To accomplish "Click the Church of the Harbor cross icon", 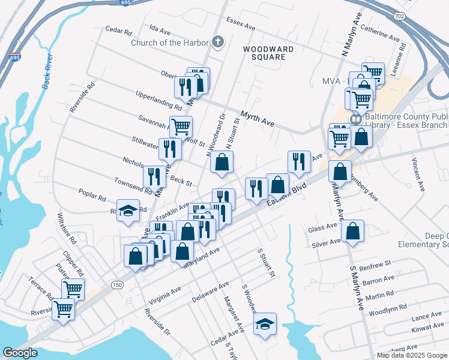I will click(217, 42).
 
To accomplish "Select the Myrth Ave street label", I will click(258, 118).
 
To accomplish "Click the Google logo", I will click(20, 353).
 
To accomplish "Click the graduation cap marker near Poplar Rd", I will click(128, 210).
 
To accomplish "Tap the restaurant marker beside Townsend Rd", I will click(154, 176).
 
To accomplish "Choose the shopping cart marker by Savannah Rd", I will click(180, 127).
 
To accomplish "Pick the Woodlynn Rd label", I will click(387, 312).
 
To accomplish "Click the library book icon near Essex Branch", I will click(356, 119).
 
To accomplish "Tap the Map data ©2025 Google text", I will click(412, 355).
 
